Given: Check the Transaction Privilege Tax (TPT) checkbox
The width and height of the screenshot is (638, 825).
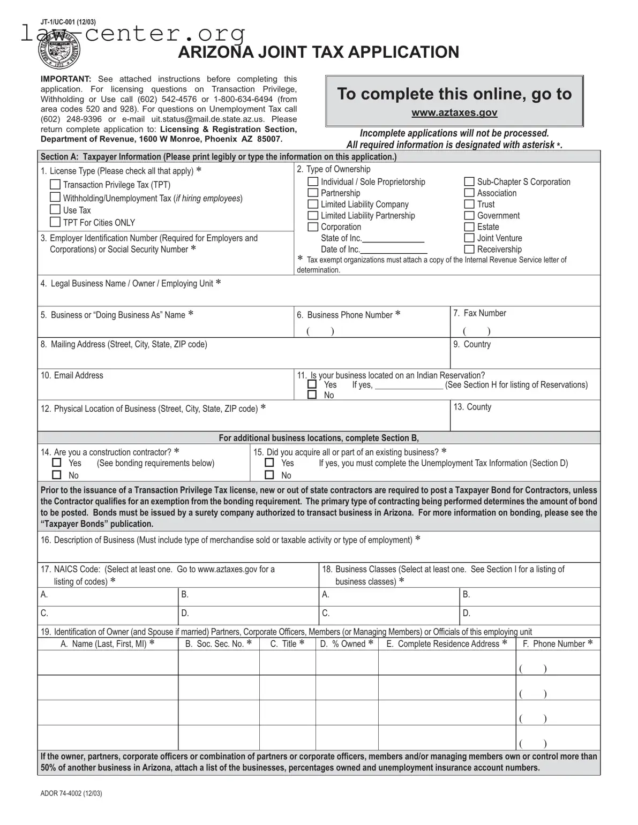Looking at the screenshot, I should tap(55, 184).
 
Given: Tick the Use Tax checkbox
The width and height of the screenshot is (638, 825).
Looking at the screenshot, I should tap(55, 209).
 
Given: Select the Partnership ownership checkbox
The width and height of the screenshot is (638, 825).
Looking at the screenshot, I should tap(313, 193).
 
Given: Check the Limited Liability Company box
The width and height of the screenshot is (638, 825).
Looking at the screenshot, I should tap(313, 204).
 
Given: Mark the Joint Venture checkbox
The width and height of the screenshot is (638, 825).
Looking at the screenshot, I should tap(469, 238).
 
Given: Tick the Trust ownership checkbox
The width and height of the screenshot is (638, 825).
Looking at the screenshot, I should tap(469, 204).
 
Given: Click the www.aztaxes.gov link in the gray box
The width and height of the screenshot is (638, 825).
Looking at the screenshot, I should tap(454, 112).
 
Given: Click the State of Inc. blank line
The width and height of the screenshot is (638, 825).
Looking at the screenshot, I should tap(393, 238).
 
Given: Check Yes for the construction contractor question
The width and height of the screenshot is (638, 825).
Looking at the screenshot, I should tap(57, 463).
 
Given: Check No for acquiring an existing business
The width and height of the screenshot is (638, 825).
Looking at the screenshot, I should tap(269, 475).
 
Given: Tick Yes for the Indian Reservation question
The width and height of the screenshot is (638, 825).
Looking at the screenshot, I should tap(312, 384).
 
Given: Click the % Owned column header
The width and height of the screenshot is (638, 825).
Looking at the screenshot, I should tap(346, 644).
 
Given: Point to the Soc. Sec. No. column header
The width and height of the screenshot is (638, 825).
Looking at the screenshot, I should tap(218, 644).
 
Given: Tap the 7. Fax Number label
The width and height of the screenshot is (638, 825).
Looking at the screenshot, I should tap(479, 313).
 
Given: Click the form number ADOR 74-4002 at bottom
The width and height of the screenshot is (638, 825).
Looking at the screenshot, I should tap(71, 793).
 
